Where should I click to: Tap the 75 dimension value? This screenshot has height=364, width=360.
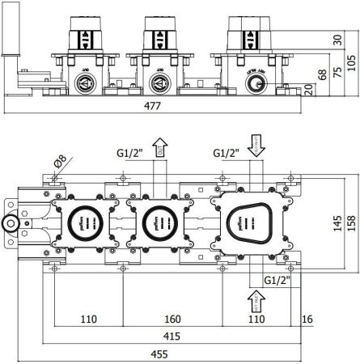337,71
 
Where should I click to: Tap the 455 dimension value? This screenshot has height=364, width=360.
162,354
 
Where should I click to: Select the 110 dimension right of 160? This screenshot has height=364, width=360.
256,320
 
